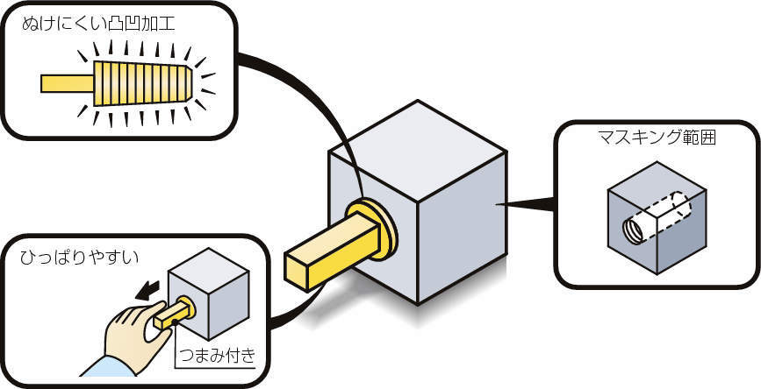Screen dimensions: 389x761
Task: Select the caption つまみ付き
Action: (x=216, y=355)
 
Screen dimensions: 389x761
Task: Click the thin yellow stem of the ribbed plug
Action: (x=67, y=83)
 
